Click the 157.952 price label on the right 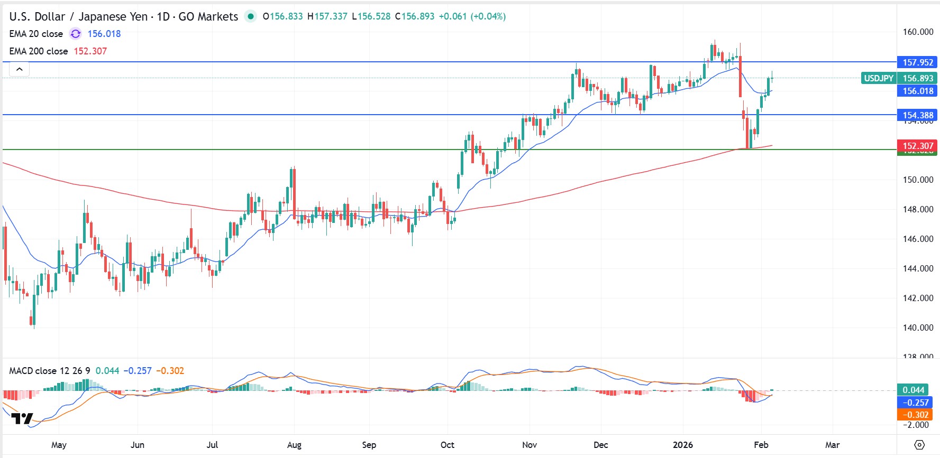point(917,62)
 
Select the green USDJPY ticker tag point(878,78)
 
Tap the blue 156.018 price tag point(917,91)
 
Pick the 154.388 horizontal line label point(917,115)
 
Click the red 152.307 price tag point(917,146)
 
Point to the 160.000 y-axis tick point(917,32)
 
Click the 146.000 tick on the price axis point(917,239)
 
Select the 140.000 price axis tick point(917,328)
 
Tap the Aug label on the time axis point(294,445)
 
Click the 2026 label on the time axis point(683,445)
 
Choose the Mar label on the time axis point(832,445)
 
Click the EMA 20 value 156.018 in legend point(104,34)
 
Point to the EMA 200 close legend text point(39,51)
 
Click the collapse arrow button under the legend point(19,69)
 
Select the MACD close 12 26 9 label point(49,371)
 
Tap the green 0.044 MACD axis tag point(914,390)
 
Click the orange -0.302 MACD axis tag point(915,415)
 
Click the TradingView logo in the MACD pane point(22,418)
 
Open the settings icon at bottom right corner point(919,445)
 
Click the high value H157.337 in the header point(327,16)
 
